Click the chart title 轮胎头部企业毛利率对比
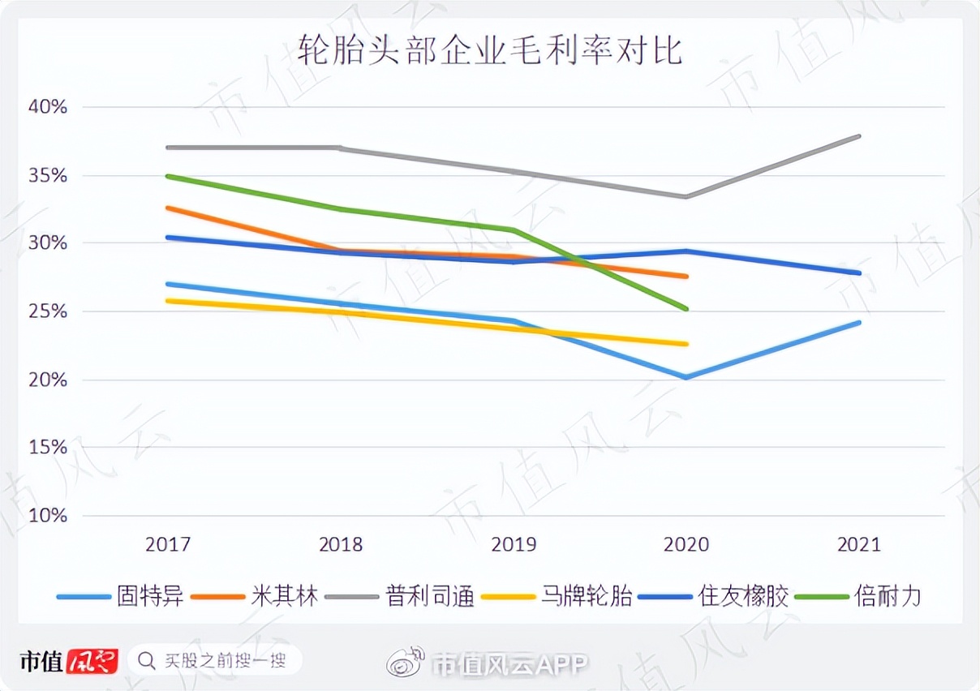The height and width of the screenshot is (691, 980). (x=490, y=50)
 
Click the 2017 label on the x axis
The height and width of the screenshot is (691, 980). (x=168, y=544)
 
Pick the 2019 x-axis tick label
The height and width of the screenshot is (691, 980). (x=514, y=544)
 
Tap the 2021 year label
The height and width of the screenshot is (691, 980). (x=858, y=544)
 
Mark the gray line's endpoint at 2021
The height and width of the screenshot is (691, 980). (x=859, y=136)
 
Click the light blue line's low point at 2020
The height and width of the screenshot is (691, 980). (x=686, y=377)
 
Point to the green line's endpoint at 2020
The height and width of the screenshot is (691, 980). (x=686, y=308)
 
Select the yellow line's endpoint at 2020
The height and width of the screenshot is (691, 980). (x=686, y=344)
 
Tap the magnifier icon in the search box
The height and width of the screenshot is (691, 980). (x=147, y=661)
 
